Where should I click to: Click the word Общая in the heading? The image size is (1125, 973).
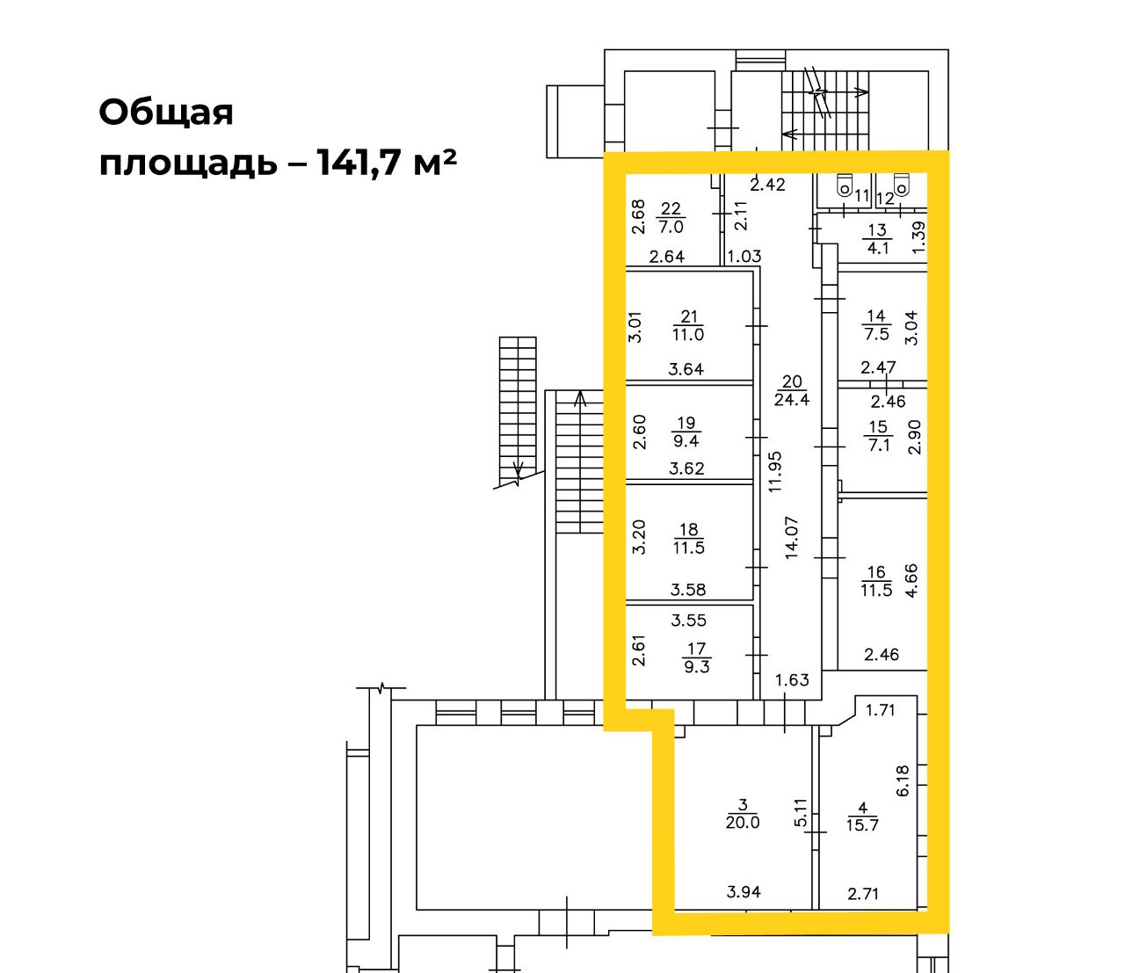pos(166,113)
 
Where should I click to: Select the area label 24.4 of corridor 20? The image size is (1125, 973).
pos(792,399)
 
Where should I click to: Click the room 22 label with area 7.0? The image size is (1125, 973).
pos(671,218)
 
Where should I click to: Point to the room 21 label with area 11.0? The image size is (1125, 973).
pos(688,325)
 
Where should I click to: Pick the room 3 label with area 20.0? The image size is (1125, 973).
pos(743,813)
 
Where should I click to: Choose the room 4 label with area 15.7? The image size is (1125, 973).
pos(862,817)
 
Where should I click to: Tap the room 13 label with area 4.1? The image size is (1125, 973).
pos(877,239)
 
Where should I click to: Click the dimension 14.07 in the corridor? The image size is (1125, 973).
pos(791,537)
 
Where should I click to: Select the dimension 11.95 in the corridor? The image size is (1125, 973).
pos(774,471)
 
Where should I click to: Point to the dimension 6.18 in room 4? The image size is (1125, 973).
pos(903,781)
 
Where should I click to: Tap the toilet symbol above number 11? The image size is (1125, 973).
pos(844,184)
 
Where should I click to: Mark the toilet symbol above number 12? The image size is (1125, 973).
pos(902,184)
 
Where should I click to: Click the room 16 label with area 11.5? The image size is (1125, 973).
pos(876,581)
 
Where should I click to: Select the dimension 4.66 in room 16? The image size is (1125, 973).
pos(911,580)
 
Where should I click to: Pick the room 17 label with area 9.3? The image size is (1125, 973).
pos(697,657)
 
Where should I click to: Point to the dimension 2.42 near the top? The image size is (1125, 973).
pos(767,185)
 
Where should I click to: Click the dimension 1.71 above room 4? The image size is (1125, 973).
pos(880,709)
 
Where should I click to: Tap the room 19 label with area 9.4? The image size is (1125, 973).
pos(686,432)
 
